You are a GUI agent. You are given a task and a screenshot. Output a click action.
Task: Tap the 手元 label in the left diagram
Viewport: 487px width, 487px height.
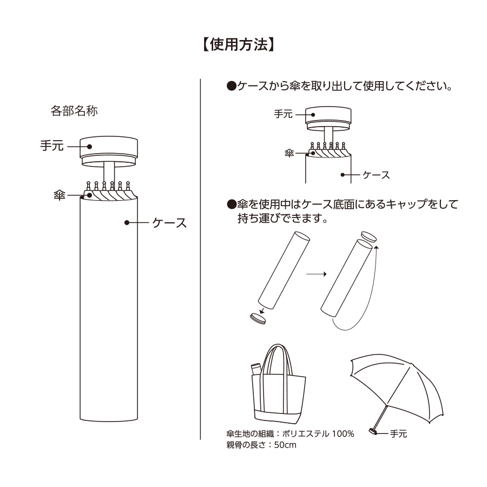[52, 146]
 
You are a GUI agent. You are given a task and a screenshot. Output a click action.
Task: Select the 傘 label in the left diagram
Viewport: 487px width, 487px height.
[60, 194]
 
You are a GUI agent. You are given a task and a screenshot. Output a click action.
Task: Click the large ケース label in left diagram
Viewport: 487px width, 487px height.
[169, 222]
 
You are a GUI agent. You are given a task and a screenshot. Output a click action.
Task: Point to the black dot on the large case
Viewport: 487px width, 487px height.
[127, 222]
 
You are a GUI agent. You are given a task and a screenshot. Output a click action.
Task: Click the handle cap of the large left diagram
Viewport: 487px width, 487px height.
[109, 146]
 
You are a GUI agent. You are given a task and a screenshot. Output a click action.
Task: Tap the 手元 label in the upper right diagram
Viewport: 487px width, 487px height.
[283, 114]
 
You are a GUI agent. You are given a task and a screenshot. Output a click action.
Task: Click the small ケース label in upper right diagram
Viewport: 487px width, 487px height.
[376, 175]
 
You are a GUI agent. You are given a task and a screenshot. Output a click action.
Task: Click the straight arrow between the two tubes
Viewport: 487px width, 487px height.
[316, 274]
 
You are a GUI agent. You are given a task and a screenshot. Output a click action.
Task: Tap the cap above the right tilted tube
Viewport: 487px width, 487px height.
[370, 238]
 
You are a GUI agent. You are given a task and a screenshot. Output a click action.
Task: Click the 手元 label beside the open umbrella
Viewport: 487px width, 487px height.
[398, 433]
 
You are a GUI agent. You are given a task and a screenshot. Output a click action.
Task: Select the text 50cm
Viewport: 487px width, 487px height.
[285, 445]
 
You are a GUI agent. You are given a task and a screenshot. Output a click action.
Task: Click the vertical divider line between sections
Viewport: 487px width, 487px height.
[201, 260]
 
